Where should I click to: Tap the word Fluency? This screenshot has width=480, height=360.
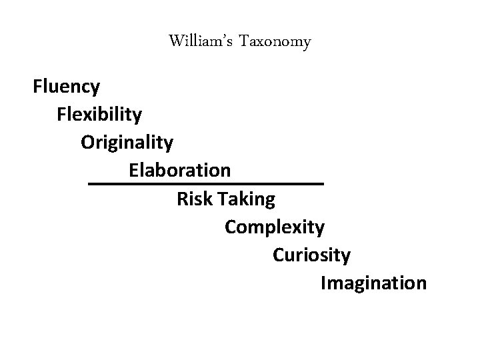coord(67,87)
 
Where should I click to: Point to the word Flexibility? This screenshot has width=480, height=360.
coord(99,115)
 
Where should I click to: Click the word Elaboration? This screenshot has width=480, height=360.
coord(180,170)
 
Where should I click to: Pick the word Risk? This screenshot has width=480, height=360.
coord(193,198)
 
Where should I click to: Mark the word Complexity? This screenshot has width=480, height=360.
coord(275,227)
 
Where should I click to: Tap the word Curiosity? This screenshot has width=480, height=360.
coord(311,255)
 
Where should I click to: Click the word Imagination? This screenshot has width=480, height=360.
coord(373,283)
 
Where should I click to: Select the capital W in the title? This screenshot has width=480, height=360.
coord(176,42)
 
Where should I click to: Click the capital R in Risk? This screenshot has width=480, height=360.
coord(182,198)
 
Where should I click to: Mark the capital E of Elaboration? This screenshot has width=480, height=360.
coord(133,170)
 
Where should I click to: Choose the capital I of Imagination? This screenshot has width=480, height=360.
coord(323,283)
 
